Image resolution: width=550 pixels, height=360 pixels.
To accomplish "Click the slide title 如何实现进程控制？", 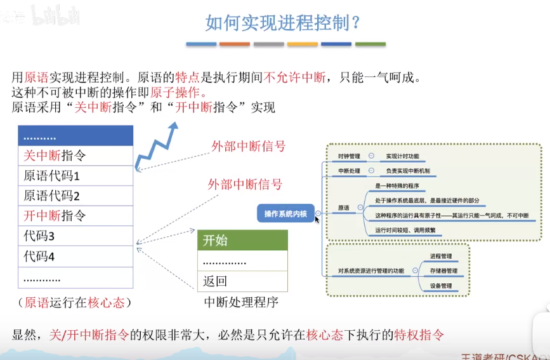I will [283, 23].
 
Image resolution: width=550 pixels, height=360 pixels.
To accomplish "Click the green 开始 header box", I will [243, 240].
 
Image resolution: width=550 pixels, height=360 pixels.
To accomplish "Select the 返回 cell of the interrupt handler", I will [243, 281].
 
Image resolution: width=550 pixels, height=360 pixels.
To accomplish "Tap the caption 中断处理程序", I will [241, 302].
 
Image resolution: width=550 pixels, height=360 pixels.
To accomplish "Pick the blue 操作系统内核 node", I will [285, 214].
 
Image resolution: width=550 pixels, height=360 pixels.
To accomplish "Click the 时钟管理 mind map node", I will [348, 156].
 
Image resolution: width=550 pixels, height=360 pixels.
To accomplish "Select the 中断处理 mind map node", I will [348, 171].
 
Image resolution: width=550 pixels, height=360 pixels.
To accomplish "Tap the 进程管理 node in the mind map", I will [441, 257].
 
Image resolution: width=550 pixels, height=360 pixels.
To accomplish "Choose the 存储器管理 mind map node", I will [443, 271].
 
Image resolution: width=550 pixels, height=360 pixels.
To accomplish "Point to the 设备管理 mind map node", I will [441, 286].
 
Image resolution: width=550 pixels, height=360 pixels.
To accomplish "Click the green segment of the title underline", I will [370, 44].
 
